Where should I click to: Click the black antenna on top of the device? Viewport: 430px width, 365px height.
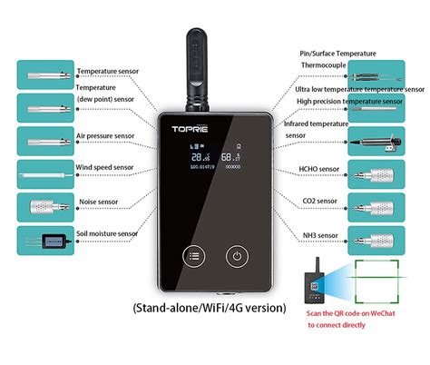200,68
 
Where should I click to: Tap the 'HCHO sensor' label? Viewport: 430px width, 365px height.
319,169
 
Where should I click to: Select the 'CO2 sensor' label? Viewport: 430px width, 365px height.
318,200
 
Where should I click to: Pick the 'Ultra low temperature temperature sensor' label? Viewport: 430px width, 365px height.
359,90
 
